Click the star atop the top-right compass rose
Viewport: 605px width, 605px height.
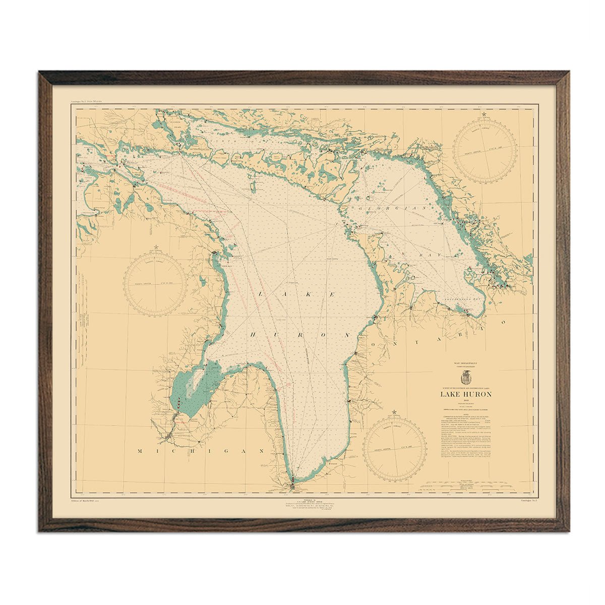coord(485,115)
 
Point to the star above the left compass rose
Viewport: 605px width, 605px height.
coord(156,247)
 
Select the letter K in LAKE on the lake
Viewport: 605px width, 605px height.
coord(306,293)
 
